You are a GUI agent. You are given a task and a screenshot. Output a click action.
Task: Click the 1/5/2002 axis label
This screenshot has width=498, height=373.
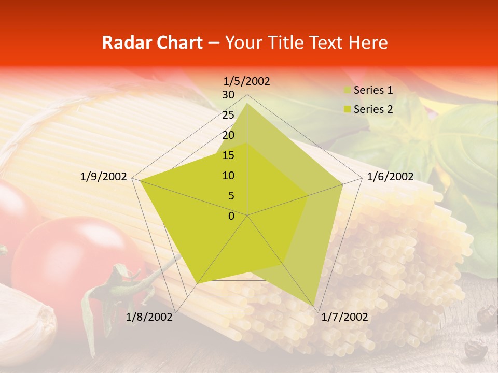coord(247,81)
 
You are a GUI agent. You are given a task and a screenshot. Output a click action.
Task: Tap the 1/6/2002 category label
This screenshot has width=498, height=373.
coord(390,177)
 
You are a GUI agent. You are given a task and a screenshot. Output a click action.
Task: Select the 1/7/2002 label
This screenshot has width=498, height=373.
coord(344,317)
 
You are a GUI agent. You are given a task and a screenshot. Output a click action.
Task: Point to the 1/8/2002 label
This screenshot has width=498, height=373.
coord(149,317)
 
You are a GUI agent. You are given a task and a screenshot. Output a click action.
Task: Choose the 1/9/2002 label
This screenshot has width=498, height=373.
coord(104,177)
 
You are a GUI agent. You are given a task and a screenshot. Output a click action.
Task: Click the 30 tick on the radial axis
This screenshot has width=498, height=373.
coord(228,95)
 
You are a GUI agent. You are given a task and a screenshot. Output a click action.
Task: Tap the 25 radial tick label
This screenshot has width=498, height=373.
coord(228,115)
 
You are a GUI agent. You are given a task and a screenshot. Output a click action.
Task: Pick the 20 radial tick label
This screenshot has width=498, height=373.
coord(228,135)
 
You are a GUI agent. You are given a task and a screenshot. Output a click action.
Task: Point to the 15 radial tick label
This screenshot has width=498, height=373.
coord(228,155)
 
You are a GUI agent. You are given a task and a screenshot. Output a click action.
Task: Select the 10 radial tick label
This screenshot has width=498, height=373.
coord(228,176)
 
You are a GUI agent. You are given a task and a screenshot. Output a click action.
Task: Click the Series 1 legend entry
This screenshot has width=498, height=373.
coord(372,90)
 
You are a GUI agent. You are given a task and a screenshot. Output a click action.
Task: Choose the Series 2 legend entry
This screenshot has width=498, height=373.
coord(372,109)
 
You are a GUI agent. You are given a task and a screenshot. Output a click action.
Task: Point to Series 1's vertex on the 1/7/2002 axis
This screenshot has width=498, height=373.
coord(315,305)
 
